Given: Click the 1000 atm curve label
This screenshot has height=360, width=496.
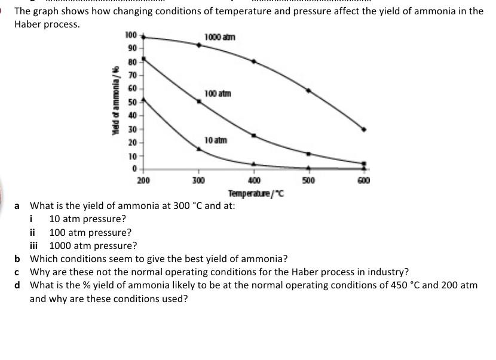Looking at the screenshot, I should click(219, 37).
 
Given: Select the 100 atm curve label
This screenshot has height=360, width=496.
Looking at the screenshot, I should click(217, 94).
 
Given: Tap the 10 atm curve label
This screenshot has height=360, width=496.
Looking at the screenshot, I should click(215, 140).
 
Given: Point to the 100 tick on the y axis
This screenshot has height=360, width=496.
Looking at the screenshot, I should click(131, 35).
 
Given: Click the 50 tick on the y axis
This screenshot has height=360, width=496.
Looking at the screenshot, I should click(132, 101).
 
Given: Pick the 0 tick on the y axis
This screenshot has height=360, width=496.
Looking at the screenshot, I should click(134, 169).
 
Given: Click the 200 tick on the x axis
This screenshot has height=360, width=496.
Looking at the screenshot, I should click(143, 180).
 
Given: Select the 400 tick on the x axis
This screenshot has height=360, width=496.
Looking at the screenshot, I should click(253, 180).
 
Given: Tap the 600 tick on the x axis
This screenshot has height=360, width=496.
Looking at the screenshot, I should click(364, 180).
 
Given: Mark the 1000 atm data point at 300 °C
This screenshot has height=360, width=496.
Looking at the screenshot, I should click(199, 45).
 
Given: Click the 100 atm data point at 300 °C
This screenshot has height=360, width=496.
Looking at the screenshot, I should click(199, 101).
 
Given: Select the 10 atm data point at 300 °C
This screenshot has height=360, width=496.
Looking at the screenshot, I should click(199, 149).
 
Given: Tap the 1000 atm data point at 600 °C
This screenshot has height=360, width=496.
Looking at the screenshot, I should click(364, 129).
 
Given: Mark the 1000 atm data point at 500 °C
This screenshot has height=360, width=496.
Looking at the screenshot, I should click(308, 90).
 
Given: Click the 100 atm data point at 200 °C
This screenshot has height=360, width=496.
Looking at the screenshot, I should click(143, 59).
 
